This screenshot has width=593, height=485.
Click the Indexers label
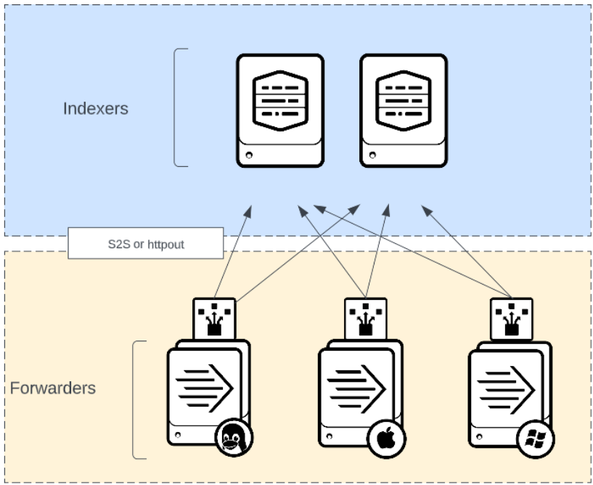95,109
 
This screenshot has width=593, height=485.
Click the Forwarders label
53,388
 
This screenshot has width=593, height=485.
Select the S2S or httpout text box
145,245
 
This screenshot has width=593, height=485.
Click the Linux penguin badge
233,439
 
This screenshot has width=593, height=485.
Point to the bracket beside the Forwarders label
138,399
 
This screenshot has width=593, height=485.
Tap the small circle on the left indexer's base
249,155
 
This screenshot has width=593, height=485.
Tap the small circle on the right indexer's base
372,155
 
